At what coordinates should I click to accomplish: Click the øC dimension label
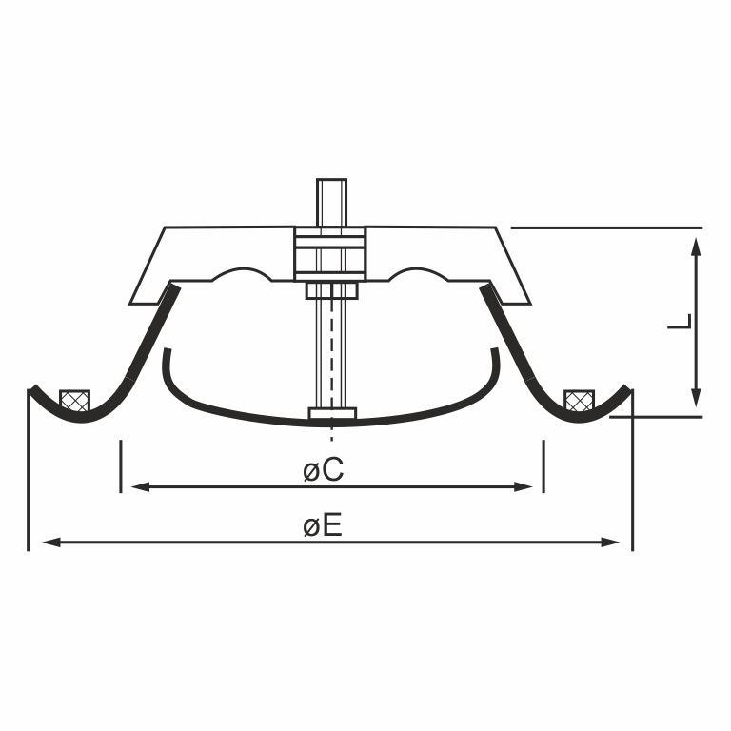click(x=323, y=469)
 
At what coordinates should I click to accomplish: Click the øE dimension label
click(x=323, y=526)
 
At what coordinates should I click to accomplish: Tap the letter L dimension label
click(x=681, y=322)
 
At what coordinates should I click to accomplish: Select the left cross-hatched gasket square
click(x=74, y=401)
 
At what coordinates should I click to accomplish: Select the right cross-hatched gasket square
click(x=580, y=401)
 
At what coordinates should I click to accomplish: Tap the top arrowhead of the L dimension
click(x=696, y=247)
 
